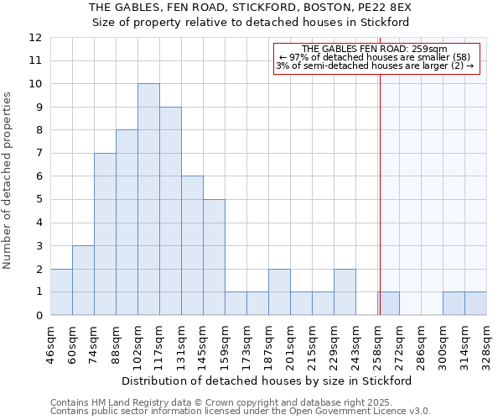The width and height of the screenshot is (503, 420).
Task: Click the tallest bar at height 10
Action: pyautogui.click(x=148, y=199)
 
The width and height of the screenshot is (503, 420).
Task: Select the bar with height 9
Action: pyautogui.click(x=170, y=211)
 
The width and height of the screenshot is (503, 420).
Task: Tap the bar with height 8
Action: pyautogui.click(x=127, y=223)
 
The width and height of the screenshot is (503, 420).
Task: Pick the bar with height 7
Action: pyautogui.click(x=105, y=234)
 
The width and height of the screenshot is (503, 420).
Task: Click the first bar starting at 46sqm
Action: pyautogui.click(x=61, y=291)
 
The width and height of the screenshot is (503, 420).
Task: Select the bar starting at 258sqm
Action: pyautogui.click(x=388, y=303)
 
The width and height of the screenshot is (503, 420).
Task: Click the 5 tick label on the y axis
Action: pyautogui.click(x=39, y=200)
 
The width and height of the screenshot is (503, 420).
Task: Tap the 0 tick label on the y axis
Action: pyautogui.click(x=39, y=316)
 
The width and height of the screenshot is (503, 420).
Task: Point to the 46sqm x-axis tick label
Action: pyautogui.click(x=51, y=344)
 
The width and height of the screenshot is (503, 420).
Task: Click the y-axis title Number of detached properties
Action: pyautogui.click(x=8, y=181)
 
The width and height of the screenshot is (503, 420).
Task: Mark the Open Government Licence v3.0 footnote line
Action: pyautogui.click(x=240, y=411)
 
